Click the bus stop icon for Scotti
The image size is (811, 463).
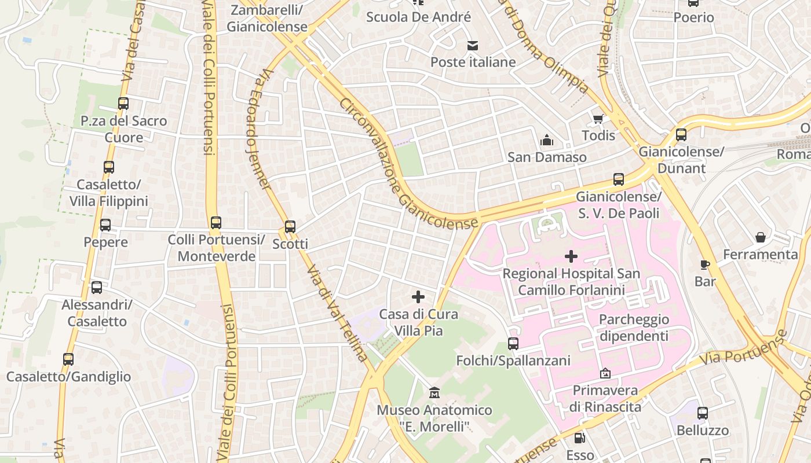(x=290, y=227)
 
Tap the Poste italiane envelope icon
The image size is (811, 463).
(x=473, y=45)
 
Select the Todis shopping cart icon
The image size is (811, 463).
(x=598, y=119)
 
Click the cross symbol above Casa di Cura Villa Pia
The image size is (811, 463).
(x=418, y=297)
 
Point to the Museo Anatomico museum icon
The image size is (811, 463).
(x=434, y=394)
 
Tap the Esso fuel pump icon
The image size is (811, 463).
(x=579, y=438)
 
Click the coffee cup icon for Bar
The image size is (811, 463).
(x=705, y=264)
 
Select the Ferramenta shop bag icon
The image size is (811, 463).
(x=761, y=237)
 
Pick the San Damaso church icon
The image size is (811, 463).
(x=546, y=140)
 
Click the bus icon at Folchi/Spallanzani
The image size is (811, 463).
(x=513, y=344)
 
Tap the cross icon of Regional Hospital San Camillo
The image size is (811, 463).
(x=571, y=256)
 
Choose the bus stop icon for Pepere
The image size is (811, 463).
(x=105, y=225)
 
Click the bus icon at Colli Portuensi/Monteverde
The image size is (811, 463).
(x=216, y=222)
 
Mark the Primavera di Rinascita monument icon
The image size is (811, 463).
(x=605, y=373)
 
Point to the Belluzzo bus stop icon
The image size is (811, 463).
(x=703, y=413)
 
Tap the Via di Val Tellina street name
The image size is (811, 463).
(x=337, y=313)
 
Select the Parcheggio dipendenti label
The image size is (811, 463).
(x=634, y=328)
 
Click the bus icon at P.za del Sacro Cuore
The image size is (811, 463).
(x=123, y=104)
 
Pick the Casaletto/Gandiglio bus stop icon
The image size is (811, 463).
(x=68, y=359)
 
